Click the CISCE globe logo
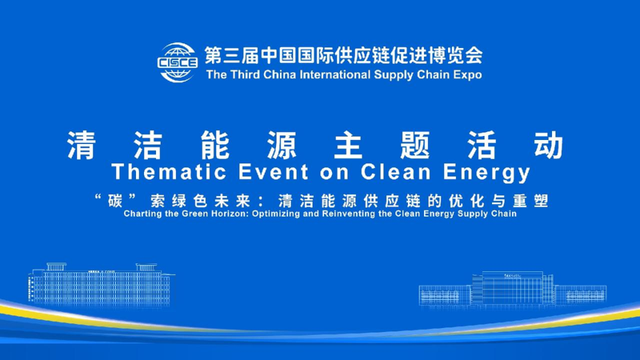tap(178, 62)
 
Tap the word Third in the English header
tap(247, 75)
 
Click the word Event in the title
tap(249, 172)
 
